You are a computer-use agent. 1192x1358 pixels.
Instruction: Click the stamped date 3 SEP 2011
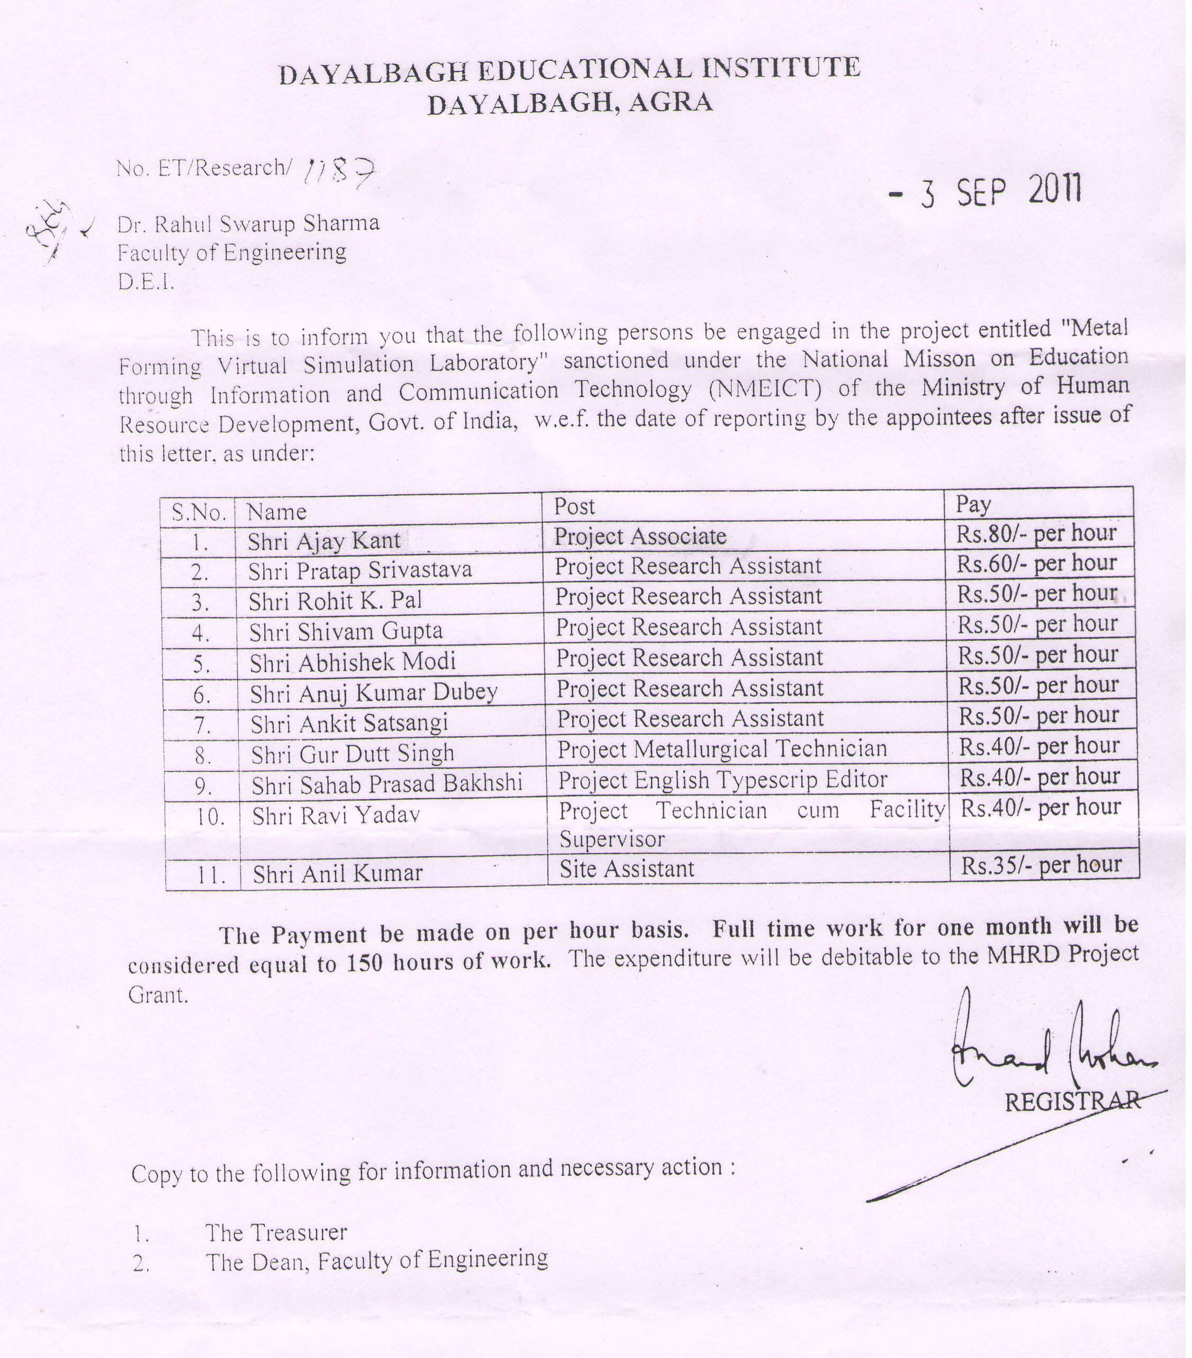[987, 192]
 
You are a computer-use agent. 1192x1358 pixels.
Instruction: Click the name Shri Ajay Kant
[324, 541]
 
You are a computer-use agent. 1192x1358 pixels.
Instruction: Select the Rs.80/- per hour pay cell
[1036, 533]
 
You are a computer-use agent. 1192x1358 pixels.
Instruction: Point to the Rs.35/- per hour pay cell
[1041, 864]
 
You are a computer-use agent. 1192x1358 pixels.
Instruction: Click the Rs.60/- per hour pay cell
[1036, 564]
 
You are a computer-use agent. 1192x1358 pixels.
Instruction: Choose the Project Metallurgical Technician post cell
[722, 749]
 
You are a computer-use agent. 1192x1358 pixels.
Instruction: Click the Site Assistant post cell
[626, 869]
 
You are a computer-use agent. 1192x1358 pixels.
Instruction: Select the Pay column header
[973, 505]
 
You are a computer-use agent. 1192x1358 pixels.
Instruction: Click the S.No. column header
[198, 512]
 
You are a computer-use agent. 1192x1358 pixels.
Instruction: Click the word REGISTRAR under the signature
[1072, 1102]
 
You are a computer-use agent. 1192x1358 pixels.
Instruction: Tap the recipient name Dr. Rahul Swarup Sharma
[248, 224]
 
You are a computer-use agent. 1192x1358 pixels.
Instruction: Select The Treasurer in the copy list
[276, 1232]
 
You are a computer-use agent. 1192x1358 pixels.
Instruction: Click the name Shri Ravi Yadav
[336, 815]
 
